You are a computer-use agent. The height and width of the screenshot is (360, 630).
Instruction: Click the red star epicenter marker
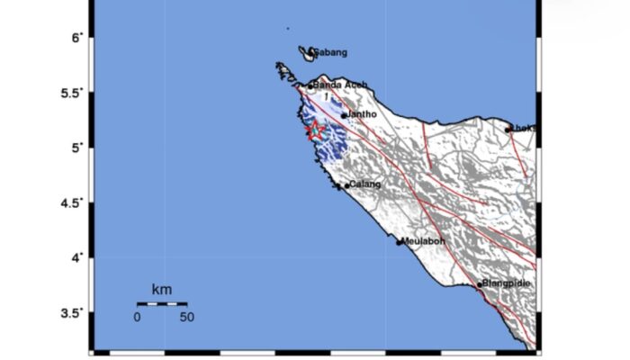click(314, 130)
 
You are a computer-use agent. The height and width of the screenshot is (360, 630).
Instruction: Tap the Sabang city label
click(330, 53)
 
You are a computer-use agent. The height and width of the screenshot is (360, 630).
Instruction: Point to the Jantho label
click(362, 114)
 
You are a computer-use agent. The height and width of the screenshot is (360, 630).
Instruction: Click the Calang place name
click(365, 184)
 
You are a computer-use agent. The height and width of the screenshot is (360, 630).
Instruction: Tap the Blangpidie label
click(507, 283)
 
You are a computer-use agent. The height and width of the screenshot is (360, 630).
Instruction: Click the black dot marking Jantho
click(344, 115)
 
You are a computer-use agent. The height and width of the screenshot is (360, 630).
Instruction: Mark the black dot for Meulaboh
click(400, 242)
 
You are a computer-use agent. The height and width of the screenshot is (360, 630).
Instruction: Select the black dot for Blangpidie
click(480, 285)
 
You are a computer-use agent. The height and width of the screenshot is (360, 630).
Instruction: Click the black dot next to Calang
click(346, 186)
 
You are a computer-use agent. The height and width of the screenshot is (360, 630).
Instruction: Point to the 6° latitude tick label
click(77, 37)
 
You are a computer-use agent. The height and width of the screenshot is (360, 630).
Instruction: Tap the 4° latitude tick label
click(77, 257)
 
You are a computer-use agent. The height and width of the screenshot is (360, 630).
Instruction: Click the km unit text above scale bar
click(161, 290)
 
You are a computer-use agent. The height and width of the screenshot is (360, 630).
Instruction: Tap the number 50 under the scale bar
click(186, 317)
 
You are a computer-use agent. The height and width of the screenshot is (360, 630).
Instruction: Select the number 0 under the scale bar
click(138, 317)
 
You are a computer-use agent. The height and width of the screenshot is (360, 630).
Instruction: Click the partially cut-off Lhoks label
click(525, 128)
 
